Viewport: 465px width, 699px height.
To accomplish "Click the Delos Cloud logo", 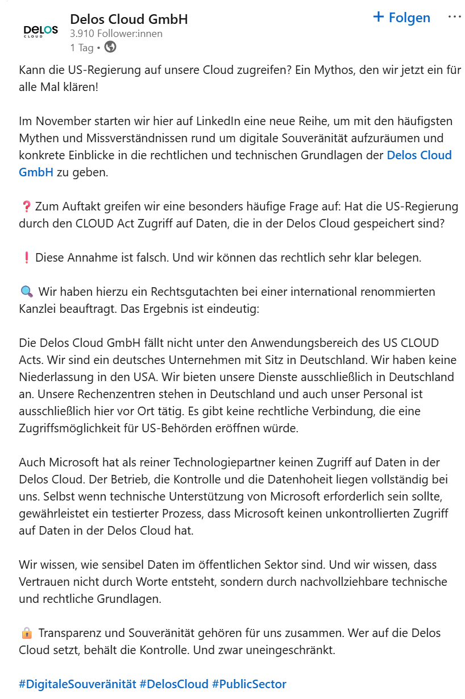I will (x=40, y=31).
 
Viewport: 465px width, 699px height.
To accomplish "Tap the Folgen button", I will (x=401, y=18).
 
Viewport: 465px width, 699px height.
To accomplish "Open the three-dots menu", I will (x=454, y=17).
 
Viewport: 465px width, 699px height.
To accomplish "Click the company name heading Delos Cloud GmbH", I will (x=128, y=19).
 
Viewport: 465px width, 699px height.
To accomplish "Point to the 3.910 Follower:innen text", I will (x=116, y=34).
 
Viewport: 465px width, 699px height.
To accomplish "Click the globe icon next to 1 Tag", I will (x=111, y=47).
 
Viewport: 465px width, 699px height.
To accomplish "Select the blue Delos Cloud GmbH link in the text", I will (x=419, y=155).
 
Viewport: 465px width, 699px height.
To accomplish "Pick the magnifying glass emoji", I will (x=26, y=292).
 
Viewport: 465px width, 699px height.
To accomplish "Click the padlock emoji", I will (x=26, y=633).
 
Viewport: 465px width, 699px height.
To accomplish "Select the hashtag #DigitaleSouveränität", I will (x=77, y=684).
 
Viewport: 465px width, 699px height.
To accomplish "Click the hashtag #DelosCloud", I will (x=174, y=684).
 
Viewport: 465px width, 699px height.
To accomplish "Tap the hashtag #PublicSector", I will (x=249, y=684).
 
